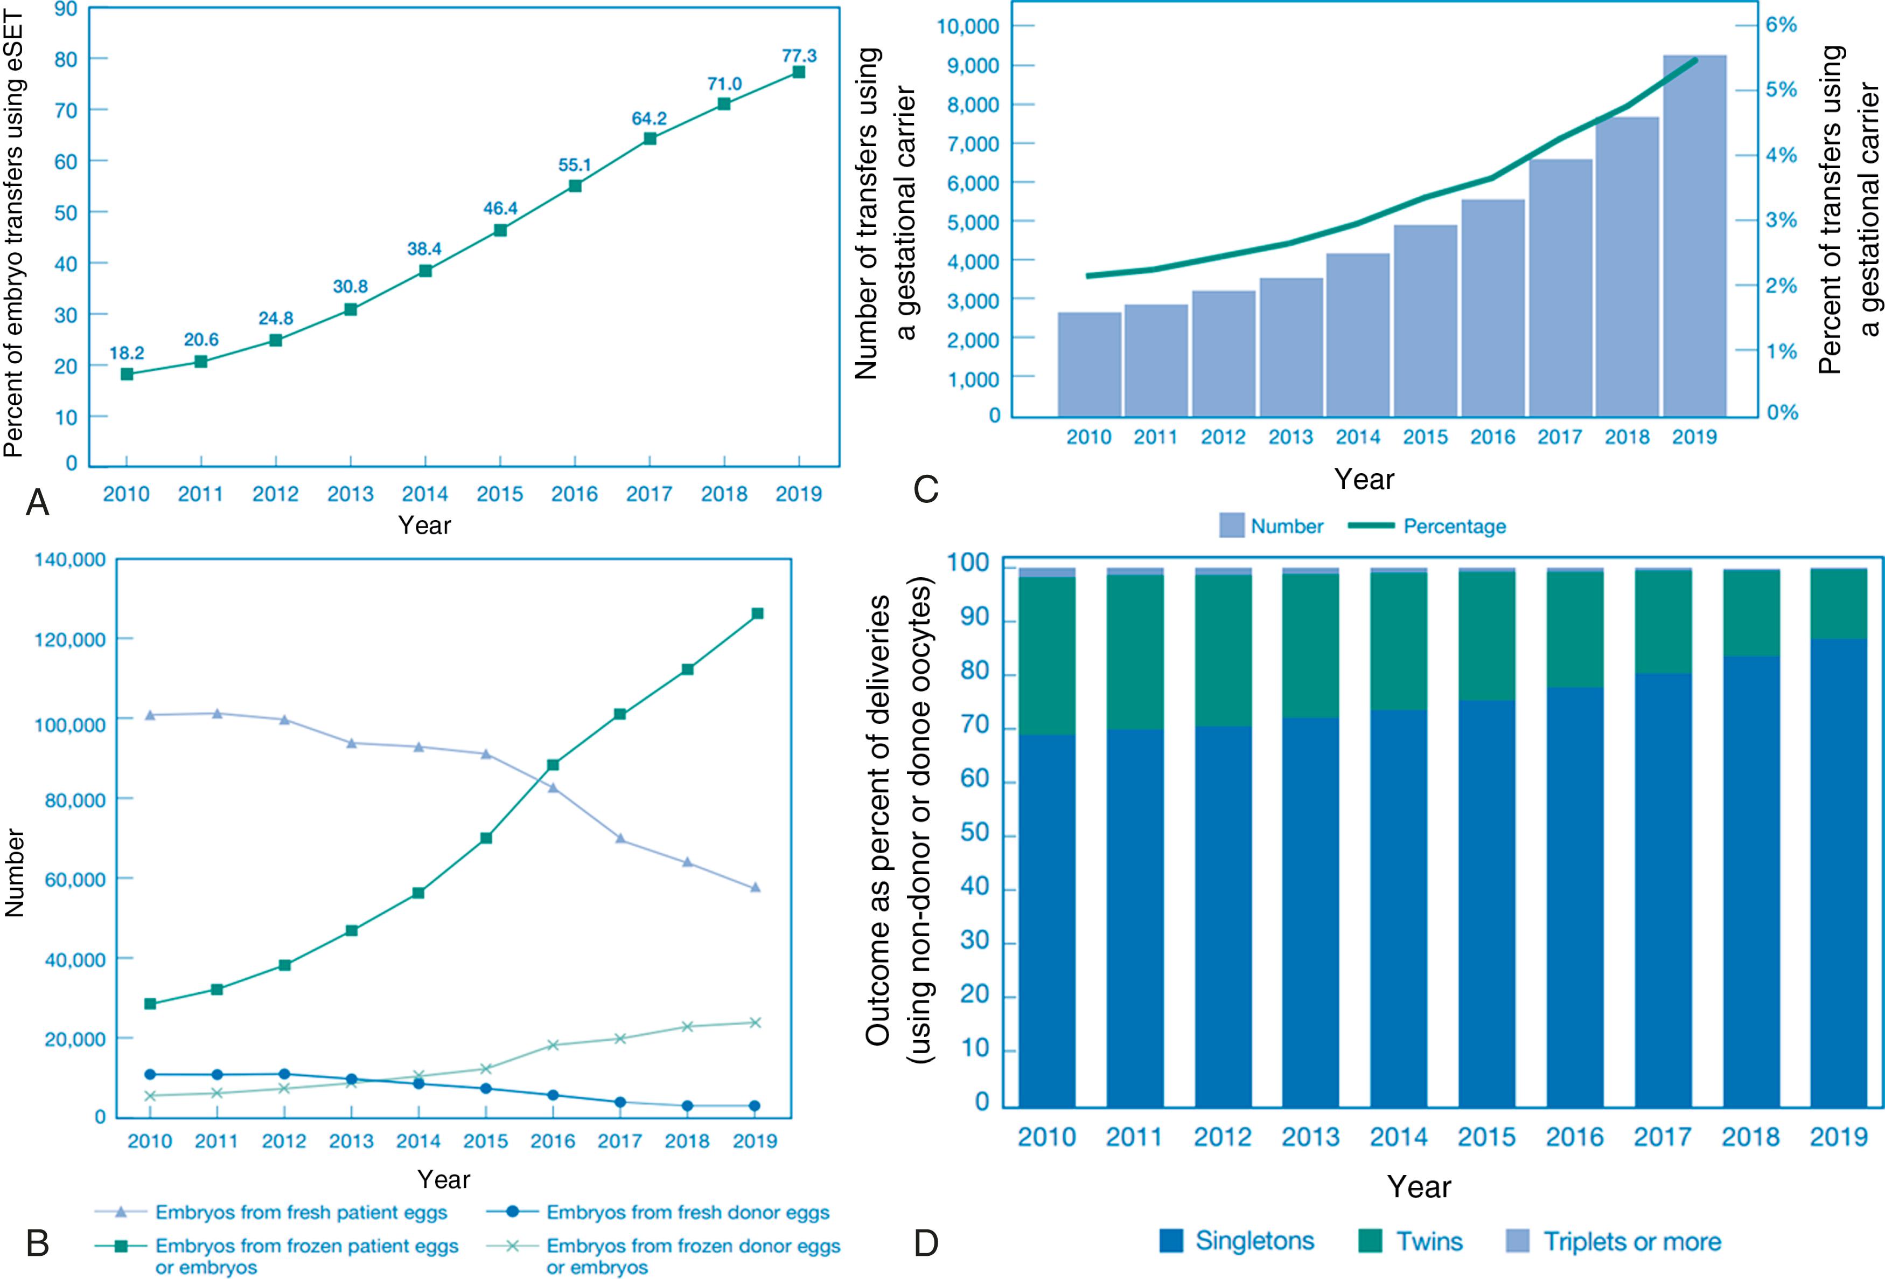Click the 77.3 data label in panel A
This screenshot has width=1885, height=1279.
[799, 56]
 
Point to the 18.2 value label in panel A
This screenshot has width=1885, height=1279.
[127, 353]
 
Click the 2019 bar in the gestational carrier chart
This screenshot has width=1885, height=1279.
[1694, 236]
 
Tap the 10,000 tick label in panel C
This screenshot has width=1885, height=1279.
[968, 27]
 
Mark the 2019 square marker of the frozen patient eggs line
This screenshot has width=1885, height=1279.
[757, 613]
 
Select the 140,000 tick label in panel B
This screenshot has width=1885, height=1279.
[70, 560]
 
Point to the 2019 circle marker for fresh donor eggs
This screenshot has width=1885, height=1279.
[755, 1106]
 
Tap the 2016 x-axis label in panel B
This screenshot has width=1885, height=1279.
[553, 1141]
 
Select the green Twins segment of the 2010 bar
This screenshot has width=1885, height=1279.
[1046, 656]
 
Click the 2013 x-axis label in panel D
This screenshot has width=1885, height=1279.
[1310, 1137]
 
